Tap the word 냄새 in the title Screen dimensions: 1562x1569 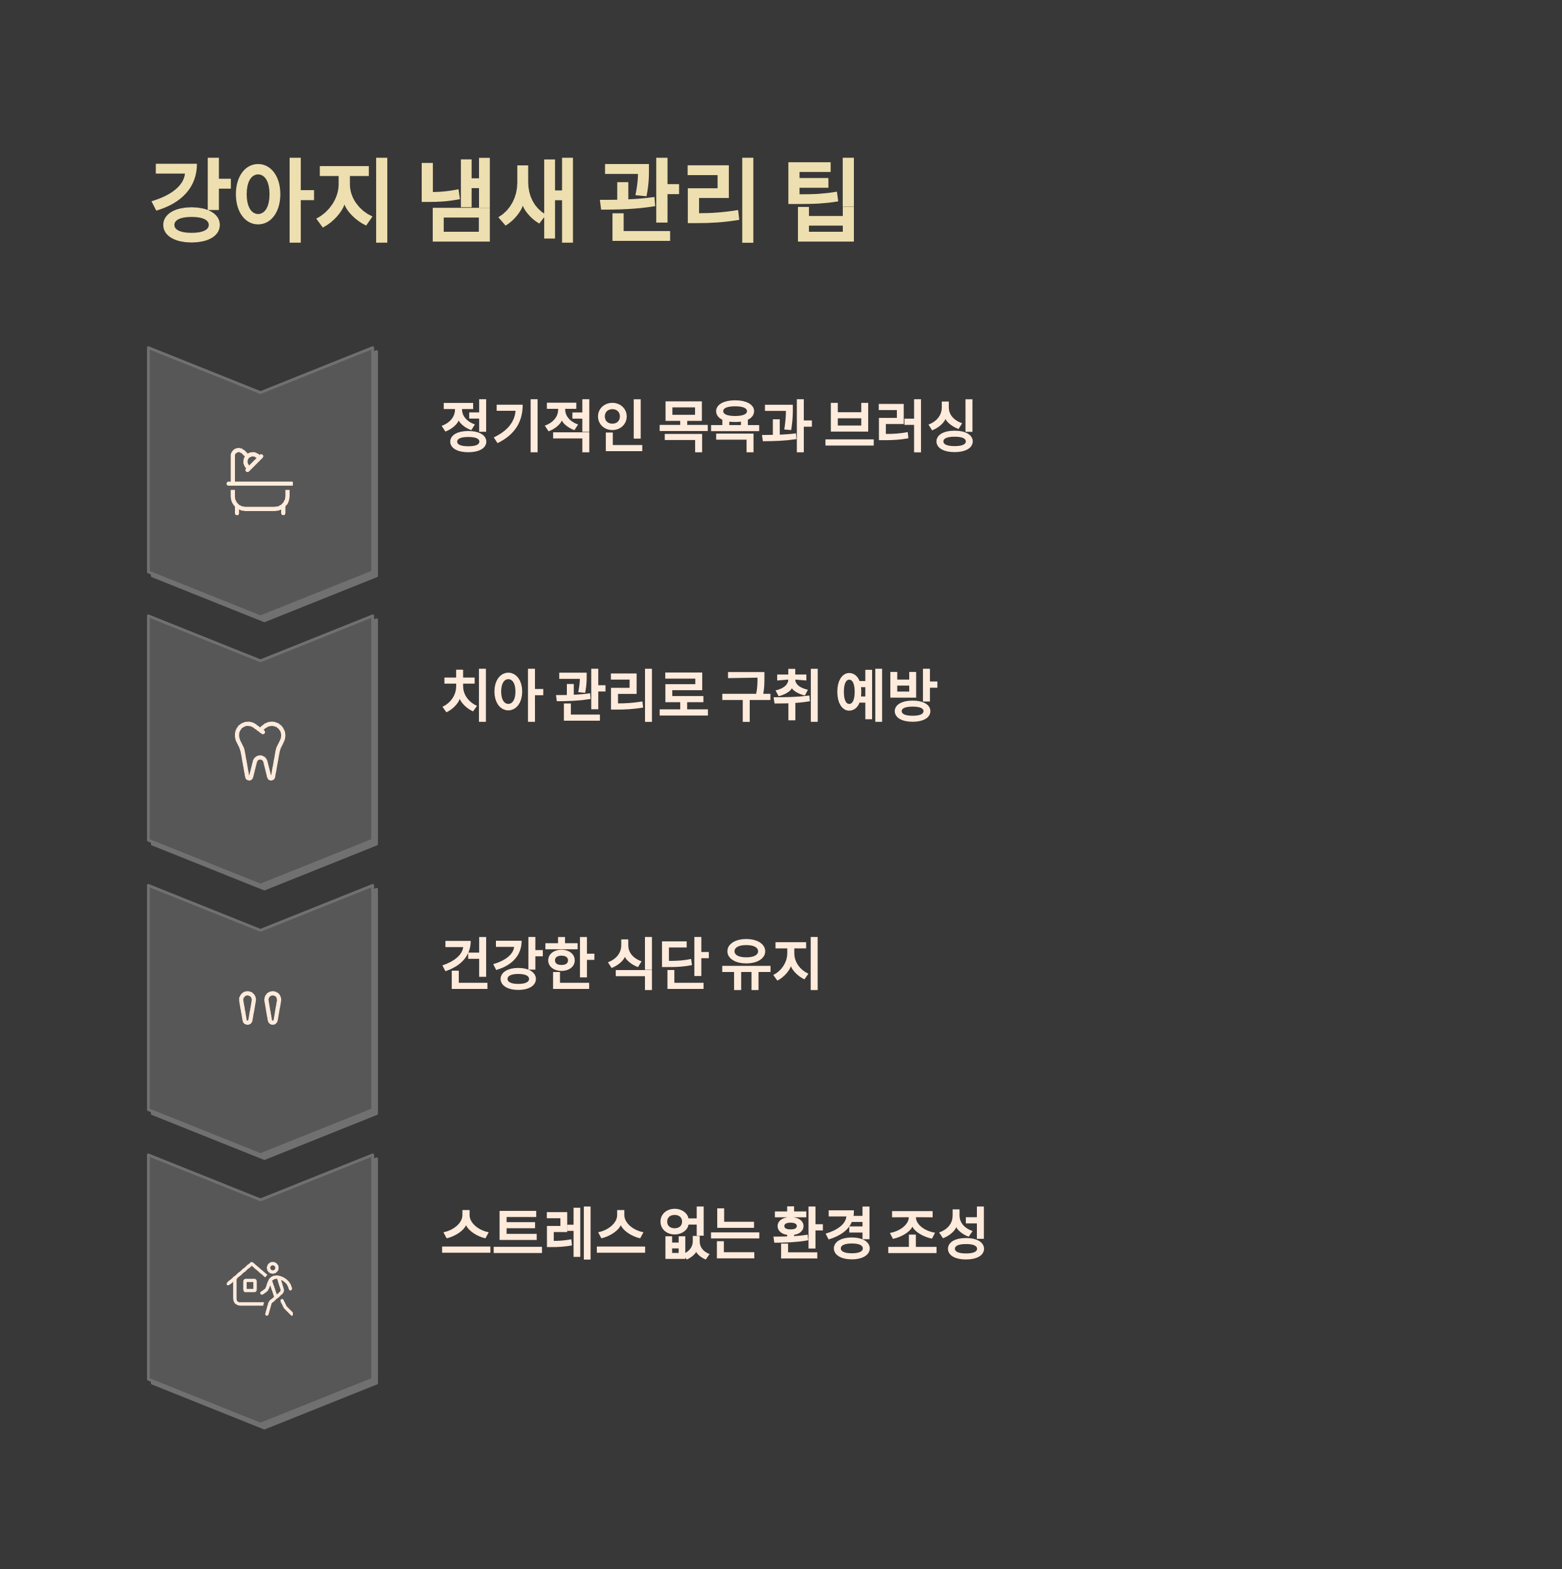click(x=496, y=201)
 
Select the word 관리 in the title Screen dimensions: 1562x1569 click(x=678, y=201)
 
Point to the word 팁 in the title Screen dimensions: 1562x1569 click(x=821, y=201)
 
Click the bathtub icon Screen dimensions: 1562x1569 click(x=260, y=482)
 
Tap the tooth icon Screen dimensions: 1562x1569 click(x=260, y=751)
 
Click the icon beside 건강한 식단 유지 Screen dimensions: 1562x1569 click(x=260, y=1008)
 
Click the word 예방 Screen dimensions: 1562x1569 click(x=886, y=695)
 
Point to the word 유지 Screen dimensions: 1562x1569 click(x=771, y=964)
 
